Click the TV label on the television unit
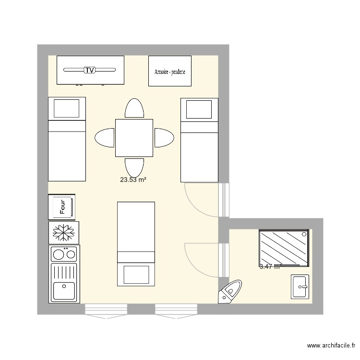pos(90,70)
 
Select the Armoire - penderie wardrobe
pos(170,72)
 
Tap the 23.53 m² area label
pos(133,180)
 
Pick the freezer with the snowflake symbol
pos(63,232)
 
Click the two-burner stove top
pos(64,253)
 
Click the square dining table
pos(134,138)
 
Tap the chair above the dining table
pos(134,109)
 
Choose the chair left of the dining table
pos(105,138)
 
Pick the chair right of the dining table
pos(163,138)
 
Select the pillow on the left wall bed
pos(66,108)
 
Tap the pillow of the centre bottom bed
pos(136,276)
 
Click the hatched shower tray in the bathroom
pos(284,248)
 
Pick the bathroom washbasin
pos(301,287)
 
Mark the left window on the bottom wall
pos(106,310)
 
